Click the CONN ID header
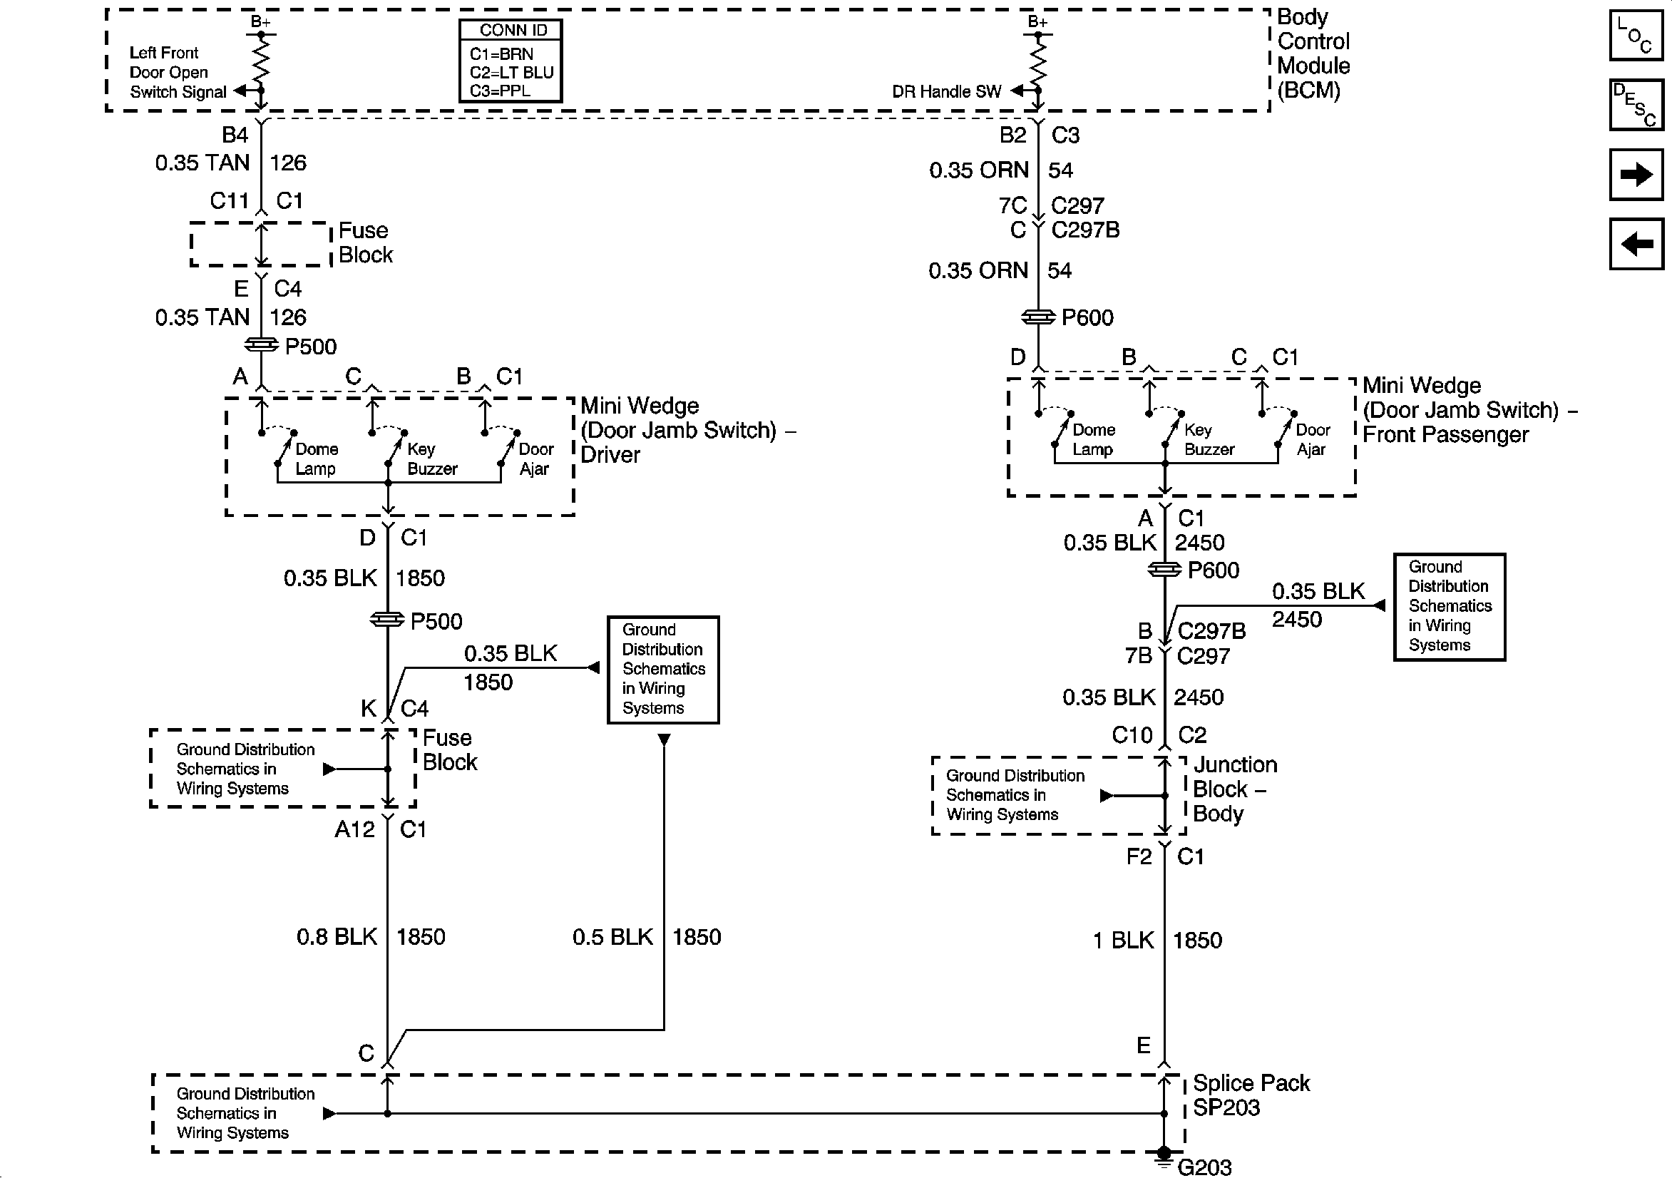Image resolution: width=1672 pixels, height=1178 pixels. [512, 31]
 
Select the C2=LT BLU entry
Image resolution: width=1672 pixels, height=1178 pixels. [511, 72]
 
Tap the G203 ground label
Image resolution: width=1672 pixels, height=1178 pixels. [1204, 1167]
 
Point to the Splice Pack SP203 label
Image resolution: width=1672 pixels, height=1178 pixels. [1251, 1095]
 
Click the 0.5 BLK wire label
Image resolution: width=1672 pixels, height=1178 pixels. [612, 937]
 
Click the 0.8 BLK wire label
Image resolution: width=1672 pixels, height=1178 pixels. [337, 937]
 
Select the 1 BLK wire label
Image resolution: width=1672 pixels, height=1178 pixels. [1123, 941]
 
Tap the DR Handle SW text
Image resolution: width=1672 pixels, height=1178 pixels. [946, 92]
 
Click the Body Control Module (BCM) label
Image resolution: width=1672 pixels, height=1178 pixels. [1312, 53]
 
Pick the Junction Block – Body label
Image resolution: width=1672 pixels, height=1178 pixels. [1234, 789]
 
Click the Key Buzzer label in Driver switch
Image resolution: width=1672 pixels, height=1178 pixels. [431, 459]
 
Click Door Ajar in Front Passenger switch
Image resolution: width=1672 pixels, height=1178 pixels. [1312, 439]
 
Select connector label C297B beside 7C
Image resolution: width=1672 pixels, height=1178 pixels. [1085, 230]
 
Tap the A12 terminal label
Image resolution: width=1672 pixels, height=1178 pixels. [354, 829]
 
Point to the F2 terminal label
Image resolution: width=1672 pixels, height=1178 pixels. [1139, 856]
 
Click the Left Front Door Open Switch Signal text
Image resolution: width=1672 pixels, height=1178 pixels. [177, 72]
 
